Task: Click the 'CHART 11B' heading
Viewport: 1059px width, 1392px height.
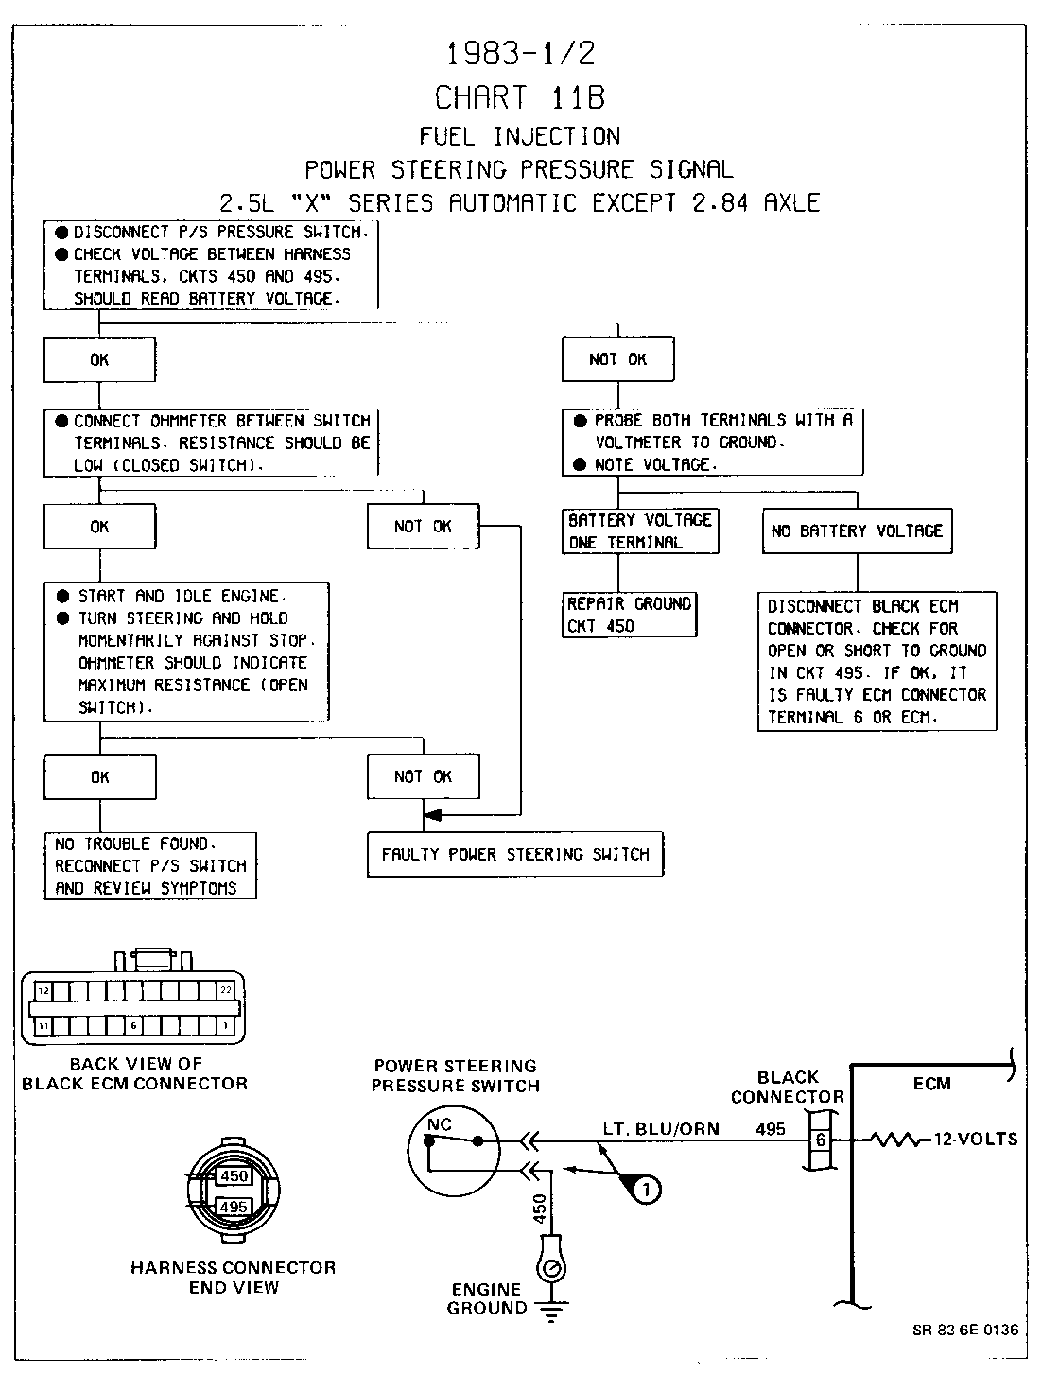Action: click(x=519, y=96)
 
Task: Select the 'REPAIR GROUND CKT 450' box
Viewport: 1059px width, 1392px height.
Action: click(x=630, y=615)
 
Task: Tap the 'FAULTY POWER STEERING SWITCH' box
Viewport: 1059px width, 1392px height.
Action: click(x=515, y=855)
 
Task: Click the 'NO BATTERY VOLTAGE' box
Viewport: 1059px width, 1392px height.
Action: click(x=858, y=531)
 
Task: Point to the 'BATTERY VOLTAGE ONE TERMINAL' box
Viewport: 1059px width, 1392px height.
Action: click(x=640, y=531)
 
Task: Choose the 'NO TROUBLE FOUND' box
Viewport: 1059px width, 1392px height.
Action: click(x=150, y=865)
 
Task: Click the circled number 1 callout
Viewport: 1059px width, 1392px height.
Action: click(x=646, y=1189)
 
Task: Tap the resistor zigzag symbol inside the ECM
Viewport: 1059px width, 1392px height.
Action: click(x=897, y=1140)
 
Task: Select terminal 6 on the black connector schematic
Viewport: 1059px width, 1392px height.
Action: click(x=820, y=1140)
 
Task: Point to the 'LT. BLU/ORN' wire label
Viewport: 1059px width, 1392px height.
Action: click(x=661, y=1128)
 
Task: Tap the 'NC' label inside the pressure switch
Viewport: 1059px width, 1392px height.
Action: click(x=440, y=1124)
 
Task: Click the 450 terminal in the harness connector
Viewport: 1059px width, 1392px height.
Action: click(x=234, y=1176)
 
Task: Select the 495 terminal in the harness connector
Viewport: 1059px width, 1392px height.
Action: click(x=234, y=1207)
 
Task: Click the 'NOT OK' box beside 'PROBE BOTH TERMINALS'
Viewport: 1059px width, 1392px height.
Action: click(x=618, y=359)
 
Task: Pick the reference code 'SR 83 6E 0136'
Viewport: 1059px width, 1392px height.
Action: click(x=965, y=1330)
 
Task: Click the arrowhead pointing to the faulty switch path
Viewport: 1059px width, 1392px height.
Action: click(x=433, y=814)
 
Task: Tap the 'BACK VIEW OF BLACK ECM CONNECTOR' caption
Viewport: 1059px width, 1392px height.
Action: click(x=135, y=1073)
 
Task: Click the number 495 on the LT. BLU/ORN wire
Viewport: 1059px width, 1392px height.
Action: click(x=771, y=1128)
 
